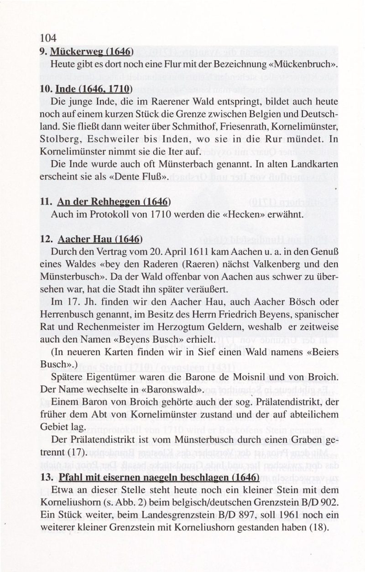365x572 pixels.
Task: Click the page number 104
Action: (x=48, y=38)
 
